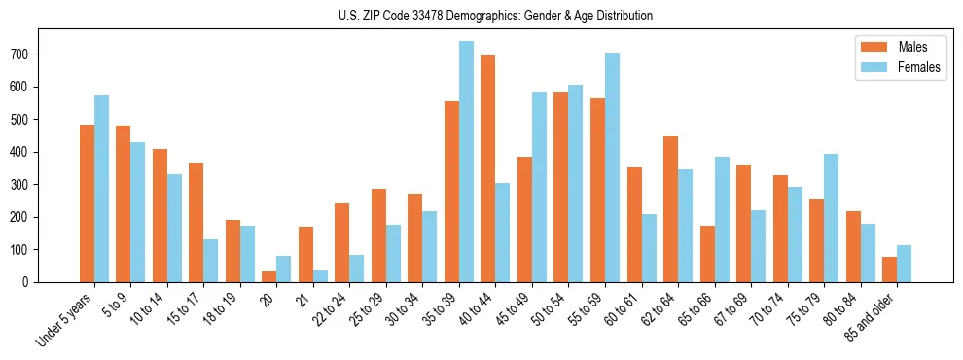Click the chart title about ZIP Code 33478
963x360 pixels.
tap(481, 16)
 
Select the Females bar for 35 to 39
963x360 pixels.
tap(466, 162)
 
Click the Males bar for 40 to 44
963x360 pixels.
tap(488, 168)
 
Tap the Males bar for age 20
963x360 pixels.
tap(269, 276)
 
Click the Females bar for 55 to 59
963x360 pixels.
tap(612, 167)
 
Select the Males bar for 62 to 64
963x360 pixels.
tap(670, 209)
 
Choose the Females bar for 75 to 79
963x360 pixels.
tap(831, 218)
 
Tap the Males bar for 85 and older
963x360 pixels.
tap(889, 270)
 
